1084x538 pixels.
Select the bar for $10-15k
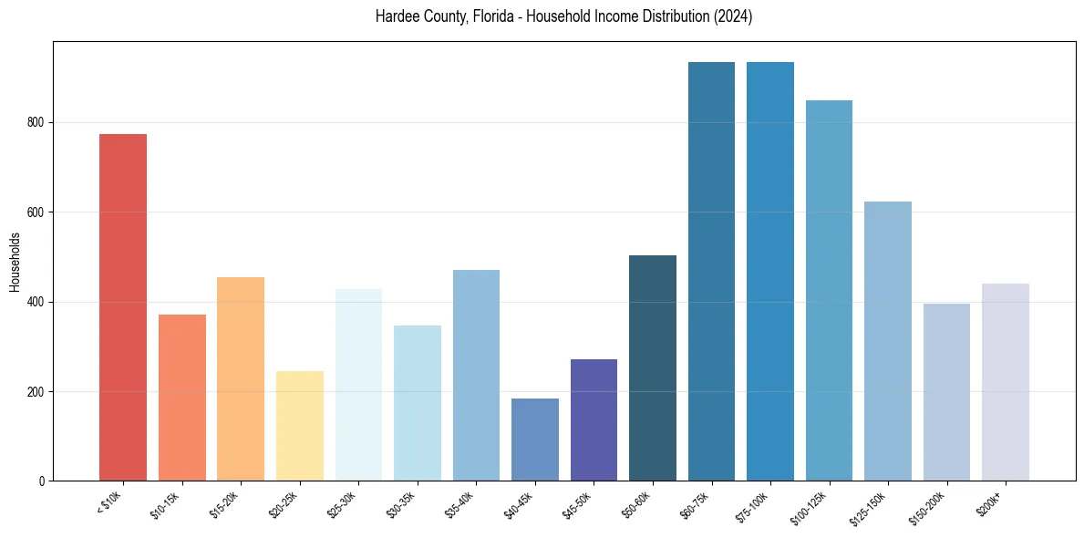[x=181, y=398]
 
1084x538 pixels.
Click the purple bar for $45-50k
[x=594, y=419]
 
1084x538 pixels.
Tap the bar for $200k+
[x=1005, y=382]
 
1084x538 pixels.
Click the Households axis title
[x=15, y=262]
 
